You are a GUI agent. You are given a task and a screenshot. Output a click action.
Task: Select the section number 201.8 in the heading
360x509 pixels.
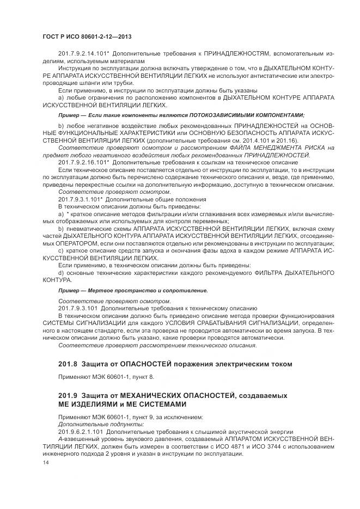tap(68, 363)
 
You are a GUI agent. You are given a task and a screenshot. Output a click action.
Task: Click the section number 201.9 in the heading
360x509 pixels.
tap(68, 394)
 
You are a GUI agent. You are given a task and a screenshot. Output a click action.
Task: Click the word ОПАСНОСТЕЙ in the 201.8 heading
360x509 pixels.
tap(151, 363)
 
